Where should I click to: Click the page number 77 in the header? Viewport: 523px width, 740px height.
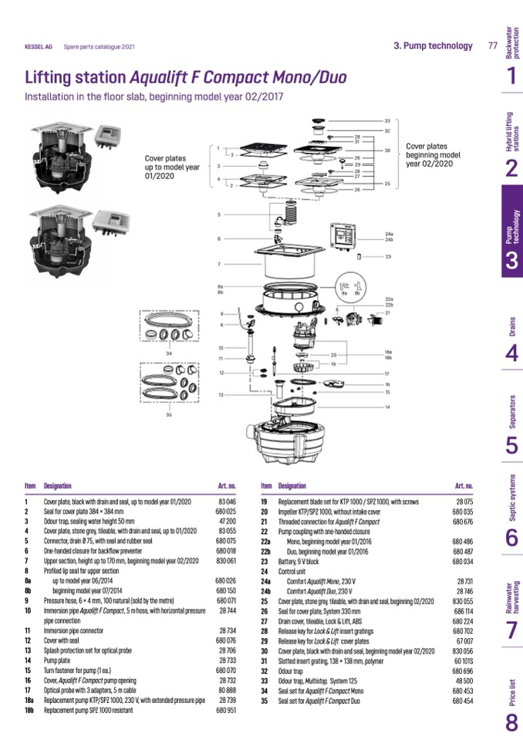pyautogui.click(x=492, y=46)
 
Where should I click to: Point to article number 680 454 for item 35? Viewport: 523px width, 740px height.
pyautogui.click(x=463, y=701)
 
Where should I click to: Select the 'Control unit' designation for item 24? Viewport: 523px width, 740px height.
pyautogui.click(x=295, y=572)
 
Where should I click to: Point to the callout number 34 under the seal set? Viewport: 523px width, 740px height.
pyautogui.click(x=169, y=353)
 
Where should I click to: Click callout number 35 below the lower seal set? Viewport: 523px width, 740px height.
pyautogui.click(x=169, y=415)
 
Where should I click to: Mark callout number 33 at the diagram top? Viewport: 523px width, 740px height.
pyautogui.click(x=387, y=122)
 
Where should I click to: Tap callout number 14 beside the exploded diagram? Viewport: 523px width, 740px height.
pyautogui.click(x=387, y=406)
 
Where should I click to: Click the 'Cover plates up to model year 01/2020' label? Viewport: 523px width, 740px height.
pyautogui.click(x=172, y=167)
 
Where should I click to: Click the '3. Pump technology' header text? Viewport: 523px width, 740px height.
pyautogui.click(x=433, y=46)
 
